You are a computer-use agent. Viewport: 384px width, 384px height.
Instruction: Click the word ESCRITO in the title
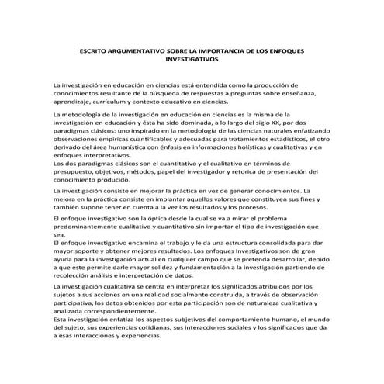[95, 50]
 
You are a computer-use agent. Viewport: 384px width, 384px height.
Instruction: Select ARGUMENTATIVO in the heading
[144, 50]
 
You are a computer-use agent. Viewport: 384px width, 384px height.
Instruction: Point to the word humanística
[143, 148]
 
